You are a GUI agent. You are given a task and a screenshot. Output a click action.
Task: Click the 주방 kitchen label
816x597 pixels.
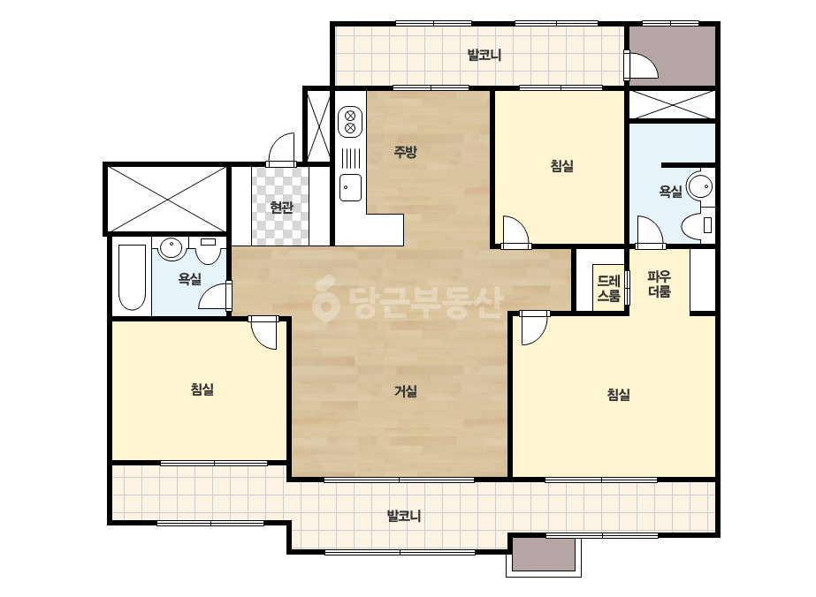[405, 152]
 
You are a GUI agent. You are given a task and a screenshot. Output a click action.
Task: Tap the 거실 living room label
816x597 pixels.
[406, 391]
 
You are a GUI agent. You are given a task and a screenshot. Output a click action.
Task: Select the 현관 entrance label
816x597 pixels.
[281, 208]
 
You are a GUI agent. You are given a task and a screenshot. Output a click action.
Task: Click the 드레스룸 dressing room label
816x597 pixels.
[608, 289]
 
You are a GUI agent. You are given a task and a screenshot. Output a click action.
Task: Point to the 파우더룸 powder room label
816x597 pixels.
[659, 283]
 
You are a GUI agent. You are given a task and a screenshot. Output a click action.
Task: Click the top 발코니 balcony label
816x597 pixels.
[484, 55]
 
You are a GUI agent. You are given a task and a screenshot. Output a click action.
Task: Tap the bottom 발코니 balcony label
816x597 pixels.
[404, 516]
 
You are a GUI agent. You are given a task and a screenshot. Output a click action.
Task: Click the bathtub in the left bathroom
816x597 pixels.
[132, 277]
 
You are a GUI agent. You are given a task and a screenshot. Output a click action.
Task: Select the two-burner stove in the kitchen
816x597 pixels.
[350, 122]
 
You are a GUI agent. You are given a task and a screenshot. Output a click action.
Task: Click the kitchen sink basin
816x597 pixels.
[350, 188]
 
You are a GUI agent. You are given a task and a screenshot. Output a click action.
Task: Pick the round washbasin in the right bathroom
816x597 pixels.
[700, 185]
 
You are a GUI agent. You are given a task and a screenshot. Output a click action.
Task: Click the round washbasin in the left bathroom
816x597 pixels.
[172, 248]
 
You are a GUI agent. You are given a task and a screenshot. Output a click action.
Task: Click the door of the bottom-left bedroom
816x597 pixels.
[263, 332]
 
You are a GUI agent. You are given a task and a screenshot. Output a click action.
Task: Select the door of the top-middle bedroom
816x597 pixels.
[515, 231]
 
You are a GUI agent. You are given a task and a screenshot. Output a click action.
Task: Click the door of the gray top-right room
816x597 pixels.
[642, 64]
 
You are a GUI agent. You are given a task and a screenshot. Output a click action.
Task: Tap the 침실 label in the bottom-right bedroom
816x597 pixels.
[619, 395]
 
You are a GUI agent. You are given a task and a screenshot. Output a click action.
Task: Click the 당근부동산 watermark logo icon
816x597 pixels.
[326, 298]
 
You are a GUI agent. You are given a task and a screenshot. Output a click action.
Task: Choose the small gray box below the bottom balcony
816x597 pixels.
[544, 555]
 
